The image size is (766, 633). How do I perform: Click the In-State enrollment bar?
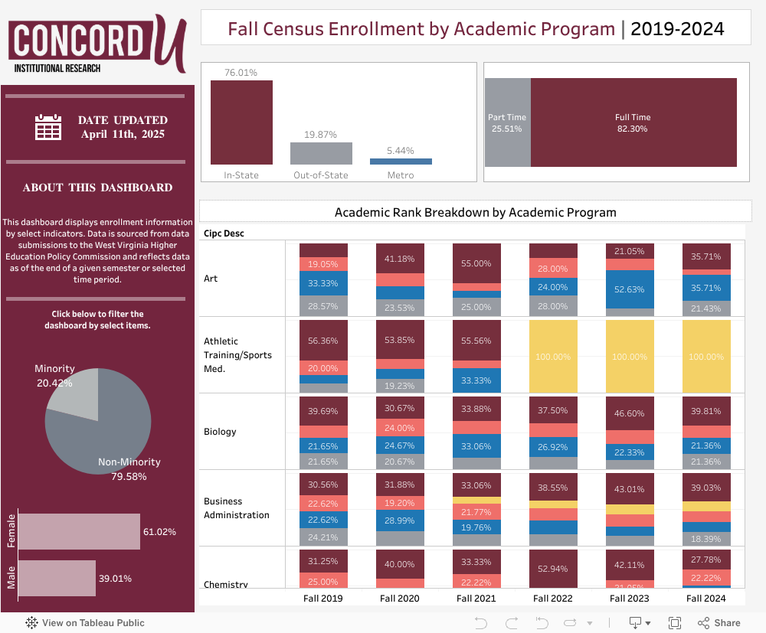(x=241, y=122)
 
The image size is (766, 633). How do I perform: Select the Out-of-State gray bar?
(x=321, y=153)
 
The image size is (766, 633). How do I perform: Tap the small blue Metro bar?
(x=401, y=162)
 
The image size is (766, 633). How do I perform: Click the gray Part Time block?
(x=507, y=122)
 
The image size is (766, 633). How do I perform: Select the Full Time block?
(x=633, y=122)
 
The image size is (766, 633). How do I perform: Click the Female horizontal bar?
(x=79, y=531)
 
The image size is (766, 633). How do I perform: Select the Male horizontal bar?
(x=56, y=578)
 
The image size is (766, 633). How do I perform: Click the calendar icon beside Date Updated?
(x=48, y=126)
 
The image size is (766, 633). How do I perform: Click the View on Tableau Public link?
(x=85, y=623)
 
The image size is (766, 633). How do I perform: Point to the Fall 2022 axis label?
(x=552, y=599)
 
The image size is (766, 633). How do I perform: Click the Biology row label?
(x=220, y=432)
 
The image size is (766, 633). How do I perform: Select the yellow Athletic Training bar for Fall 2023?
(x=630, y=357)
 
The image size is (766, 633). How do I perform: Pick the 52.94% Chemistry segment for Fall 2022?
(x=553, y=568)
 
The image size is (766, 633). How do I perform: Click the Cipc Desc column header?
(x=224, y=233)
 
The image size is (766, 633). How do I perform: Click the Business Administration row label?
(x=236, y=508)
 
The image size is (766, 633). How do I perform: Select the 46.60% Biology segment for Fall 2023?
(x=630, y=413)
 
